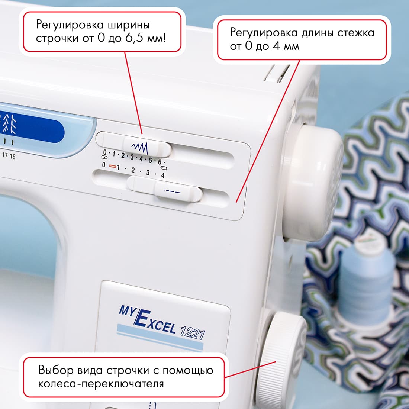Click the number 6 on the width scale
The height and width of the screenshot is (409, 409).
click(x=160, y=162)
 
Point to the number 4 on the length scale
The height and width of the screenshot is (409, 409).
click(x=162, y=175)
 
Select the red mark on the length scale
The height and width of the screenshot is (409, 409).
click(x=113, y=167)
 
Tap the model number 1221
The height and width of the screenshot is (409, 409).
click(x=192, y=332)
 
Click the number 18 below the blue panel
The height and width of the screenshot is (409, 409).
click(x=13, y=156)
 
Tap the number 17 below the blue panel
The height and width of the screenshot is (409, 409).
click(x=5, y=155)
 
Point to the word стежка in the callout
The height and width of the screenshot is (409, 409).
click(x=355, y=33)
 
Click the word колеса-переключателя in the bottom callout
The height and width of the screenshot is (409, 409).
click(x=101, y=383)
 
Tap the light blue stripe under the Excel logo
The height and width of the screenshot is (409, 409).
click(x=160, y=336)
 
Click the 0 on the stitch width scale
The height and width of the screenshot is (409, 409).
click(x=105, y=152)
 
